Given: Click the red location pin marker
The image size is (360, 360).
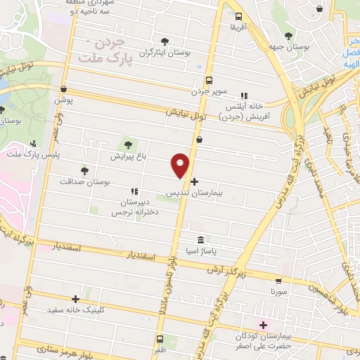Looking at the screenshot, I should pos(181,165).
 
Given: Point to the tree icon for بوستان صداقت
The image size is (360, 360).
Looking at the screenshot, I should pos(84,170).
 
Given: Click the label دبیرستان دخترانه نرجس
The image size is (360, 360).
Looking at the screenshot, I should pos(139,205).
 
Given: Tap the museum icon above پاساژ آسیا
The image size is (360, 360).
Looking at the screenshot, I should pos(201,238).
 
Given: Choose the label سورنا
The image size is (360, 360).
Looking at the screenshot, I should pos(279,290).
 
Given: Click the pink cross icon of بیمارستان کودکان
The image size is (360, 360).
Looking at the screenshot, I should pos(264,325).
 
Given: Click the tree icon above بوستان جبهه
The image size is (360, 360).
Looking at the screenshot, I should pos(289,35).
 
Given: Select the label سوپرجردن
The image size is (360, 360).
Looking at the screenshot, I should pos(210,92).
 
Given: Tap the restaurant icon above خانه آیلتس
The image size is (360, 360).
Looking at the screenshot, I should pos(244,96).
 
